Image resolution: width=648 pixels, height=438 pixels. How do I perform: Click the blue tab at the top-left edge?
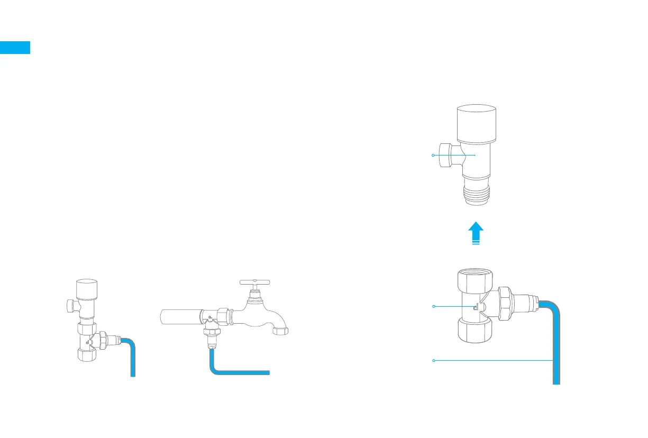(x=15, y=48)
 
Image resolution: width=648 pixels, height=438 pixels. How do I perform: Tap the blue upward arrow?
(x=476, y=233)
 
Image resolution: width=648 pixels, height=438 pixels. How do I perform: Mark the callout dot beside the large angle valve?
(x=433, y=155)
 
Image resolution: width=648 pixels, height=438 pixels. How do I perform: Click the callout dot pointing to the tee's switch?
(x=433, y=306)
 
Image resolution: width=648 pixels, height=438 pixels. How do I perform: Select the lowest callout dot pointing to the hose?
(x=433, y=360)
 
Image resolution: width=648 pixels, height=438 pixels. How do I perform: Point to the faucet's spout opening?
(x=280, y=332)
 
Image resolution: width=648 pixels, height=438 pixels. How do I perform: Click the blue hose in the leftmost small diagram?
(x=132, y=360)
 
